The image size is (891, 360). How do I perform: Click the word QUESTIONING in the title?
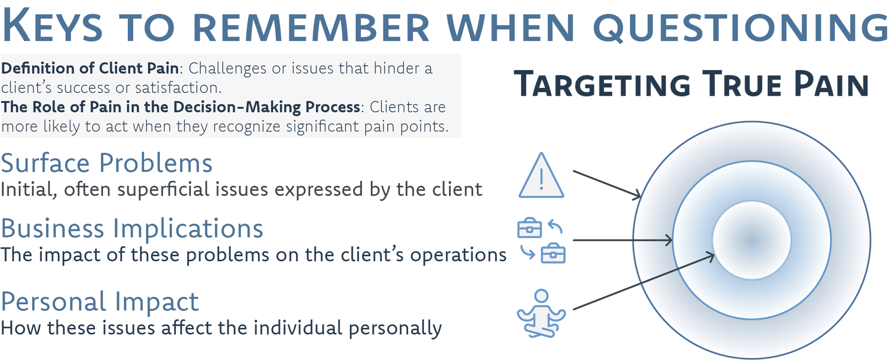point(740,28)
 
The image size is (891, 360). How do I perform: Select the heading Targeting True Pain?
point(691,84)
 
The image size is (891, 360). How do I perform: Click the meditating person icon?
point(541,314)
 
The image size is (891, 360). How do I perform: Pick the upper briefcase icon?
point(529,228)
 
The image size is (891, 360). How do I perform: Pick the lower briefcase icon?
point(553,254)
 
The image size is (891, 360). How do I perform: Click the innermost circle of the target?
point(752,240)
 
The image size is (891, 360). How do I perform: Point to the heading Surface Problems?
point(106,163)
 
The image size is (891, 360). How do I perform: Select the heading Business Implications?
point(132,229)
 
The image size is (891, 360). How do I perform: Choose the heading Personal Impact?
point(99,302)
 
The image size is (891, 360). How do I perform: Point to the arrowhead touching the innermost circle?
point(711,256)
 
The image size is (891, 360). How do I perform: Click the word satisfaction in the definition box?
point(178,88)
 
